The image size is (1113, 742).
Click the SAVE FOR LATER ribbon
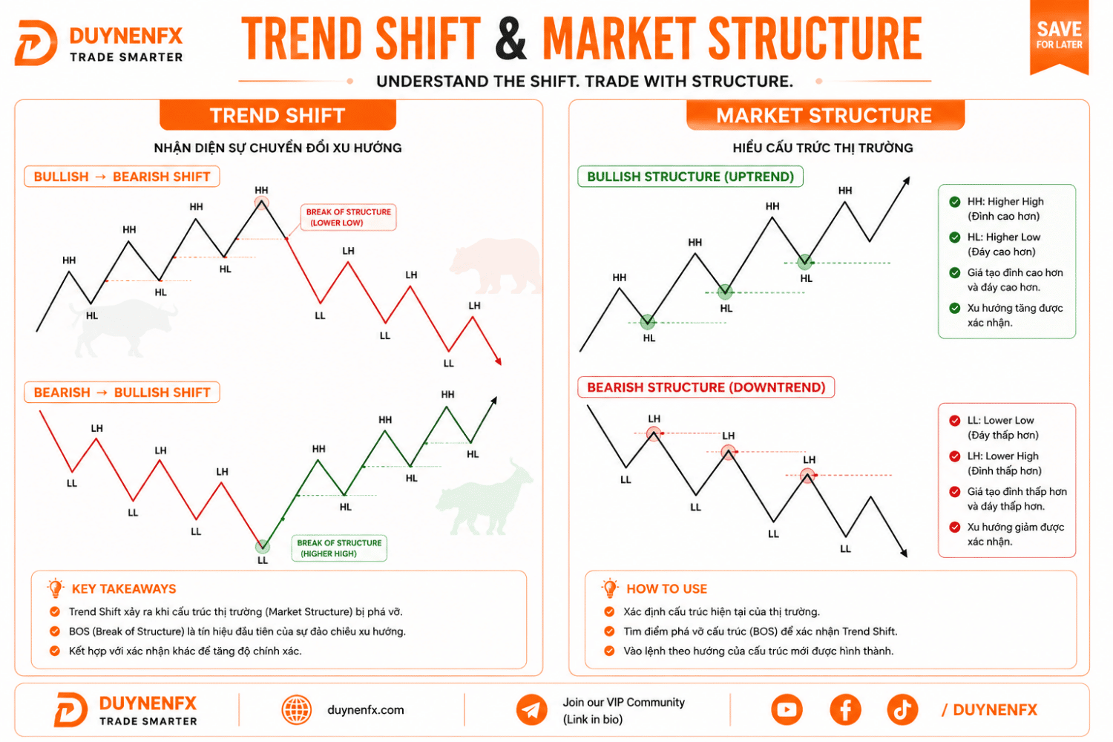(x=1059, y=36)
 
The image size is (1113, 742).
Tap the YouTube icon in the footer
(x=787, y=709)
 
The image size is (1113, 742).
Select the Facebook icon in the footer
(x=845, y=709)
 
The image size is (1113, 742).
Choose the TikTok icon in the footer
(x=902, y=709)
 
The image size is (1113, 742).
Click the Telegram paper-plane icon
(x=531, y=709)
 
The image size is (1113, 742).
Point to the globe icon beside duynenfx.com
(x=297, y=709)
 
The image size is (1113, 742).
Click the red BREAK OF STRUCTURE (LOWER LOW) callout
(x=348, y=217)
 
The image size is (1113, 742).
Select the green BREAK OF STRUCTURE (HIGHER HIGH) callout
(x=339, y=548)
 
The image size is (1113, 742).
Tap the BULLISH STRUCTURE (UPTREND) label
(x=690, y=177)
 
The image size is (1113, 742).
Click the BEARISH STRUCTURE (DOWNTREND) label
(x=706, y=387)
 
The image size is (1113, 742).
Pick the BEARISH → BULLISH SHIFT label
(x=122, y=392)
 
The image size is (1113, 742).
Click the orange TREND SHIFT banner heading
(x=278, y=115)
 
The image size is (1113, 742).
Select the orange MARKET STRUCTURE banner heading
(x=825, y=115)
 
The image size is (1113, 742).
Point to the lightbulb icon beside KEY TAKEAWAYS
(x=56, y=588)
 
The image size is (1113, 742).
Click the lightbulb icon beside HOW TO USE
(x=610, y=588)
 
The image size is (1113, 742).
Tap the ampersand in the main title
(x=510, y=38)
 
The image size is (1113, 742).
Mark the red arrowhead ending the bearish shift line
(x=499, y=361)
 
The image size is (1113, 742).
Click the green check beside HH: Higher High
(x=954, y=202)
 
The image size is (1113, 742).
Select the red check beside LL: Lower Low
(x=954, y=421)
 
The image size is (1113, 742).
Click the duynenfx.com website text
(x=365, y=709)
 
